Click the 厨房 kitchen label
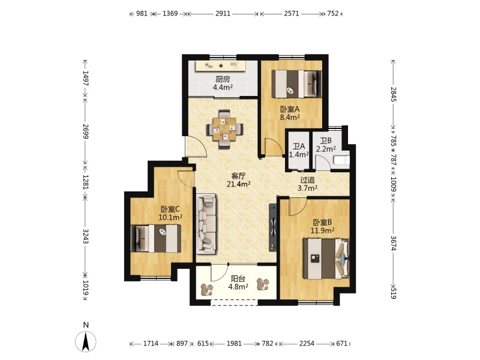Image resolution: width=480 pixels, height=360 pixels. coord(223,79)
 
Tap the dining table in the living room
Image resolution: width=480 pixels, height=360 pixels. coord(225,129)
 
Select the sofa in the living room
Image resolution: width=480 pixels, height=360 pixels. coord(206,224)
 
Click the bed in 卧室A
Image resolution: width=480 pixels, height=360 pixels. coord(296,84)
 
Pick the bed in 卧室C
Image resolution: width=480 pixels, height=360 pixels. coord(156,238)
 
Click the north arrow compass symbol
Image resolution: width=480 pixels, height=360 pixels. coord(86,341)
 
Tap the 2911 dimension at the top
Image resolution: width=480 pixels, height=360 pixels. coord(223,13)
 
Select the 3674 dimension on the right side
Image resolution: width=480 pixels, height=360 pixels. coord(394,243)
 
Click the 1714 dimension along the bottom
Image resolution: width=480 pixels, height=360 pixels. coord(151,343)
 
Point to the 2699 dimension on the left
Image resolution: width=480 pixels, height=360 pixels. coord(85,131)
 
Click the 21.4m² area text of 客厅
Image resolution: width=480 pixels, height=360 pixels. coord(239,184)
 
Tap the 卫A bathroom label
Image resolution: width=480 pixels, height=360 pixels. coord(299,146)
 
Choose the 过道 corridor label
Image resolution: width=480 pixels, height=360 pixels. coord(308,181)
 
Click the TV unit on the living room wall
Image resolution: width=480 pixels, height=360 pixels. coord(273,227)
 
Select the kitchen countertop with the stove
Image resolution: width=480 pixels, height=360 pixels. coord(221,66)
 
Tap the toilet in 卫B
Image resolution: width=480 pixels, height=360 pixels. coord(341,160)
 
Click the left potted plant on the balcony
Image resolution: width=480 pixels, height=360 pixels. coord(206,290)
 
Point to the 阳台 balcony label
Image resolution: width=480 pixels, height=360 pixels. coord(238,279)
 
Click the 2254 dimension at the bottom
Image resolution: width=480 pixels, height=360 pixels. coord(307,343)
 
